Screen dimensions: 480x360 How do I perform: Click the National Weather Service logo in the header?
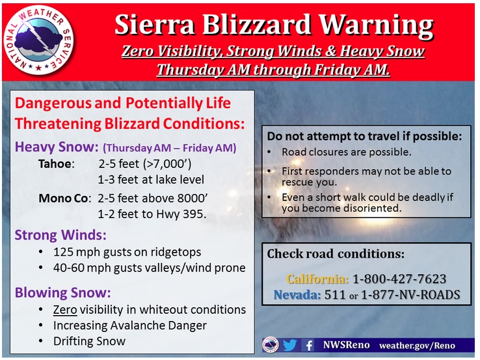pos(38,40)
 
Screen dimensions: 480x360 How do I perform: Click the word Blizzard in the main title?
pos(256,25)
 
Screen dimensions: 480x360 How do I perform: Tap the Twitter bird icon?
pos(289,345)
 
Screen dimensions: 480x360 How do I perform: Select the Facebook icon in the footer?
pos(309,346)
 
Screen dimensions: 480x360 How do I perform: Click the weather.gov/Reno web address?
pos(418,346)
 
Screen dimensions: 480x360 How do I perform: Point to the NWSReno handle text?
pos(346,345)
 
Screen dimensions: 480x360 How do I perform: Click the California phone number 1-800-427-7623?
pos(399,279)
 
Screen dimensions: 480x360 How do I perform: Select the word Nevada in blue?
pos(297,294)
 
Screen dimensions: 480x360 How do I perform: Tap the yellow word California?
pos(317,279)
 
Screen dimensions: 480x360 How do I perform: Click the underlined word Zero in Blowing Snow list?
pos(65,309)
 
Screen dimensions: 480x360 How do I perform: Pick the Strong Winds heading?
pos(60,235)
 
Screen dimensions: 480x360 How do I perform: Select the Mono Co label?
pos(64,199)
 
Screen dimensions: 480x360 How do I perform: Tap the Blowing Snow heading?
pos(62,292)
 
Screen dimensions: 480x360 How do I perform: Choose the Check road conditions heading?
pos(336,254)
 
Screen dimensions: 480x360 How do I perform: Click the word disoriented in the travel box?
pos(372,208)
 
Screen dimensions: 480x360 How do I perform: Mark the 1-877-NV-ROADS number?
pos(410,294)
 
